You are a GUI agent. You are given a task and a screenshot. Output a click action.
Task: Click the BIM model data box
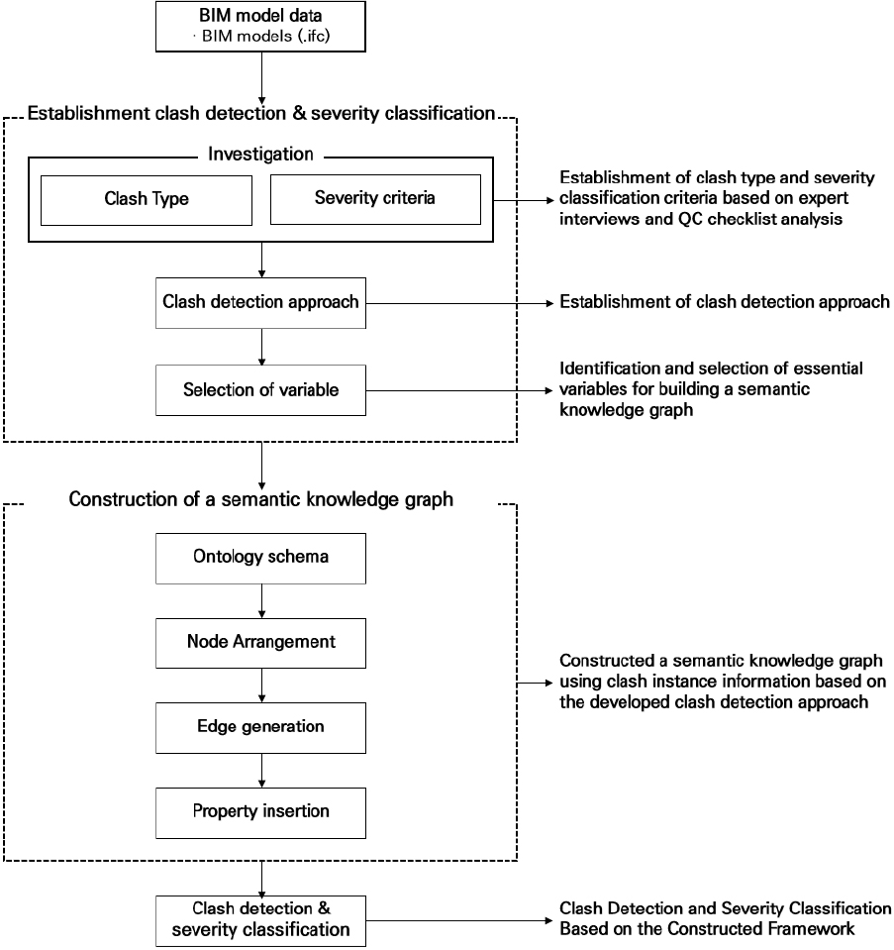tap(260, 27)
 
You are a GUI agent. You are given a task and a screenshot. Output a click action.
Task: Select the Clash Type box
tap(147, 200)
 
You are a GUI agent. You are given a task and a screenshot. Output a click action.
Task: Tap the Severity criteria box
tap(375, 200)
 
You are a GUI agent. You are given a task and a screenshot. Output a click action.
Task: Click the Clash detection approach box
tap(260, 303)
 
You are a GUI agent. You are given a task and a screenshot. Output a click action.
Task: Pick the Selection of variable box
tap(260, 390)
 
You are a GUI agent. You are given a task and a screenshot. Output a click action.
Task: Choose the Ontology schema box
tap(260, 559)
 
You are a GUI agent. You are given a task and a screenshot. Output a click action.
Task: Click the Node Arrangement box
tap(260, 644)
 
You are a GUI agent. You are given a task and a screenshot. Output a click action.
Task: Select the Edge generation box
tap(260, 728)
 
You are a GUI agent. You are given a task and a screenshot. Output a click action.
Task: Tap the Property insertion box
tap(260, 813)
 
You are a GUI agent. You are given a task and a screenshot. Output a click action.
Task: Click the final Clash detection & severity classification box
tap(260, 921)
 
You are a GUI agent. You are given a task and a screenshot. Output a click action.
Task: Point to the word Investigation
tap(260, 154)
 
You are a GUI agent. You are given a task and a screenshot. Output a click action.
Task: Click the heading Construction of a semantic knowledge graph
tap(261, 499)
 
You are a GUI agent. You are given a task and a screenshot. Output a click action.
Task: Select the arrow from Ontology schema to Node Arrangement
tap(261, 601)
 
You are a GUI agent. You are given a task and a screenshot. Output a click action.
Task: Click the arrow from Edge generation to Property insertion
tap(261, 771)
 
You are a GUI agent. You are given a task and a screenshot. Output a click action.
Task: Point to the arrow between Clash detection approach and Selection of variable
tap(261, 347)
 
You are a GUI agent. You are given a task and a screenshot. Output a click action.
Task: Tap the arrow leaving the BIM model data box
tap(261, 78)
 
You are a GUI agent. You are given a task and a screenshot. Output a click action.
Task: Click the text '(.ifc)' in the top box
tap(314, 36)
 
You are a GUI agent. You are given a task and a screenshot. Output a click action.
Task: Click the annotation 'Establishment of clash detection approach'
tap(725, 302)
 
